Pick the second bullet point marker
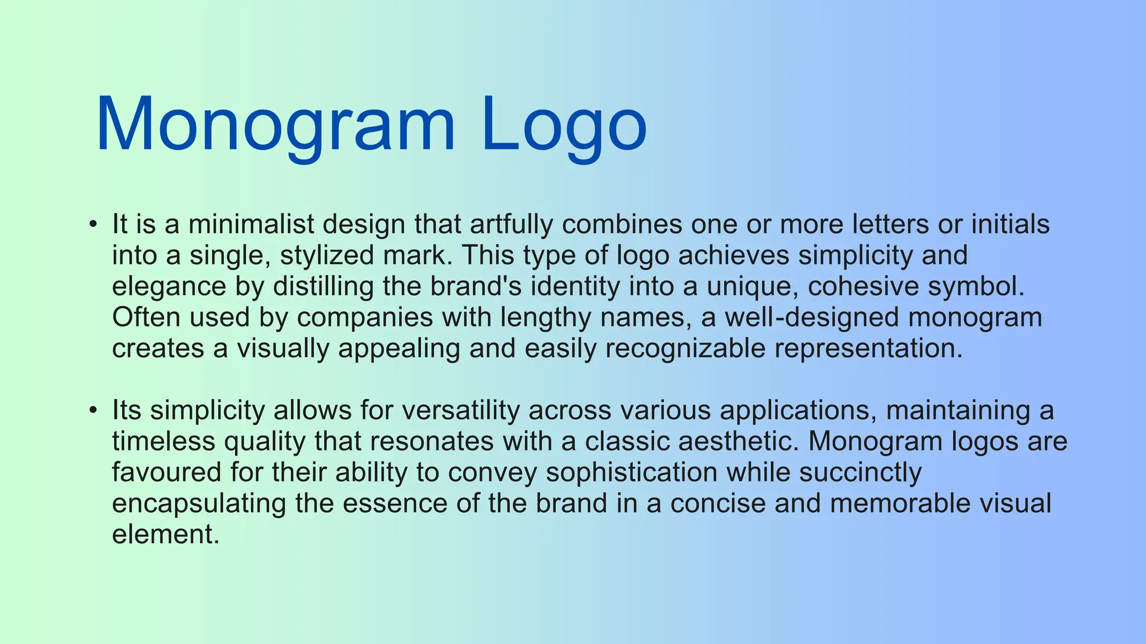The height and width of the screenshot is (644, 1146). (x=93, y=410)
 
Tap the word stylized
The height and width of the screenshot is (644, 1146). (x=327, y=255)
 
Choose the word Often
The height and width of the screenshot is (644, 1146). (x=146, y=318)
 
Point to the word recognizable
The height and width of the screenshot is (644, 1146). (x=685, y=349)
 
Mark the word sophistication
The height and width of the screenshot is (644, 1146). (x=632, y=472)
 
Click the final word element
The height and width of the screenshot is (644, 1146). (x=165, y=534)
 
